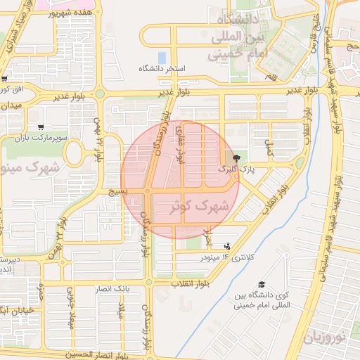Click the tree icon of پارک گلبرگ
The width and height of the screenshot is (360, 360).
pyautogui.click(x=236, y=158)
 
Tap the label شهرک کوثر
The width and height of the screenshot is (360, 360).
pyautogui.click(x=200, y=207)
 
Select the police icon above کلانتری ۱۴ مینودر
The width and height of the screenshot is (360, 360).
pyautogui.click(x=226, y=246)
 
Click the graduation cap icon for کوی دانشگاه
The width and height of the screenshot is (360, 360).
pyautogui.click(x=262, y=284)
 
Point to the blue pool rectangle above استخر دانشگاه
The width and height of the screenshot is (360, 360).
pyautogui.click(x=162, y=56)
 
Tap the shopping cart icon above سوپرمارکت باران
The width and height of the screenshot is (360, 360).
pyautogui.click(x=41, y=128)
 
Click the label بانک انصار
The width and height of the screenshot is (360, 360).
pyautogui.click(x=112, y=289)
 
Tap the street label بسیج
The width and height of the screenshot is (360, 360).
pyautogui.click(x=117, y=191)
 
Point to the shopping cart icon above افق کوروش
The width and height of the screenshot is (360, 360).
pyautogui.click(x=5, y=79)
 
